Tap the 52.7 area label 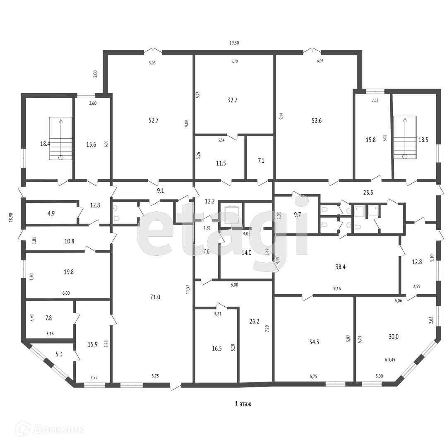[x=154, y=120]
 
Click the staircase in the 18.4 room [x=60, y=138]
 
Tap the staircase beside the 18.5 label [x=404, y=137]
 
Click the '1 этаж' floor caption [x=243, y=404]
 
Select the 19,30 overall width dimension [x=234, y=43]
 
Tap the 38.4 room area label [x=340, y=267]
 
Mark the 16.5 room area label [x=217, y=348]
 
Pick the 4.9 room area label [x=51, y=214]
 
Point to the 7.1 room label [x=261, y=160]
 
